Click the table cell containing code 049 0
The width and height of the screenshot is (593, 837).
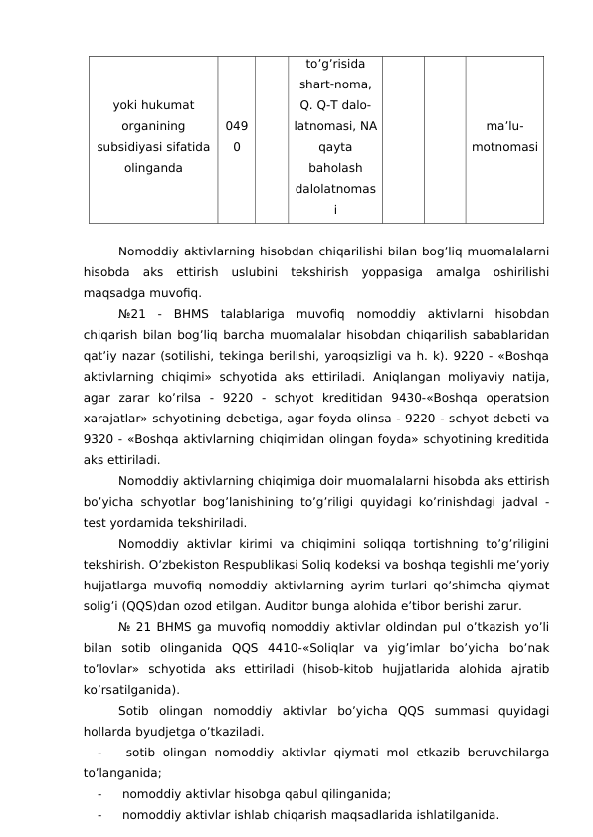(236, 136)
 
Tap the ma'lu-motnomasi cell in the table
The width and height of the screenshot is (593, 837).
(505, 136)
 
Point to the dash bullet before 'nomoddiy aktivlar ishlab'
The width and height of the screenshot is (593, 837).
(100, 815)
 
